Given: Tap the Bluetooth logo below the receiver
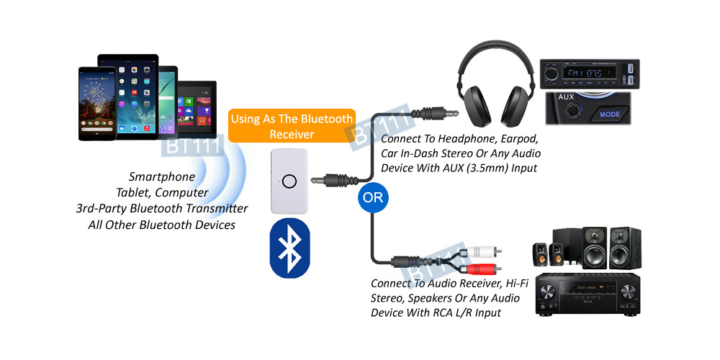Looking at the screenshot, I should [x=289, y=248].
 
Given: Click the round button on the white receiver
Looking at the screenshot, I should [x=289, y=181].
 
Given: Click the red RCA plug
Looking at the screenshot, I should [x=482, y=269].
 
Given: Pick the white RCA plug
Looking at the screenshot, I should [x=482, y=252].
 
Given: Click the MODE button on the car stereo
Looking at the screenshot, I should [x=610, y=114].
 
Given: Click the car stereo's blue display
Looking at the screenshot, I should [x=588, y=73].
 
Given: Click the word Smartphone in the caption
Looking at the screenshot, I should [x=161, y=176].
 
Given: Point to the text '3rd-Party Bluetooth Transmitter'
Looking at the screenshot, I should [x=161, y=208].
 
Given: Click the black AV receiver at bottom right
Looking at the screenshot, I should [x=588, y=296].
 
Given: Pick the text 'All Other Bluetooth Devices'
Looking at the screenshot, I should [x=161, y=224].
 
